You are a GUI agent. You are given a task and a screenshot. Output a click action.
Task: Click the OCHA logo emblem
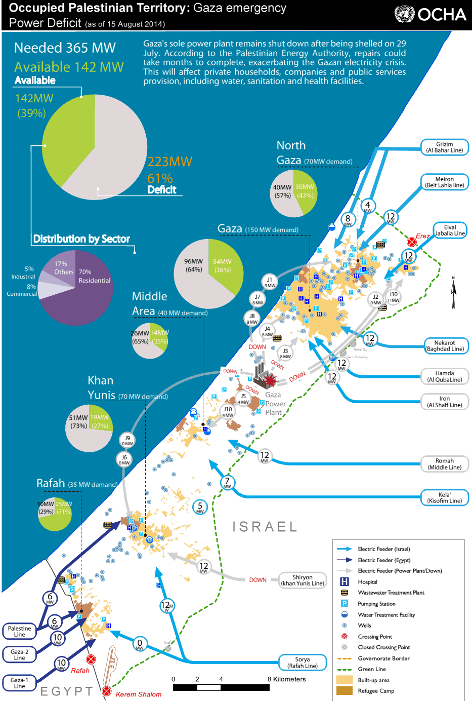[404, 14]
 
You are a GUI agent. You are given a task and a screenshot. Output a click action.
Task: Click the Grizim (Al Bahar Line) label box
[444, 147]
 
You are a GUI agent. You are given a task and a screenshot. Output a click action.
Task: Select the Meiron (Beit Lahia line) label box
[444, 182]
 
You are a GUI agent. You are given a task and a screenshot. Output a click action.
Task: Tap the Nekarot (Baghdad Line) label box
[445, 346]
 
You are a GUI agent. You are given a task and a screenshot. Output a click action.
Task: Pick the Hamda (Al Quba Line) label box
[444, 376]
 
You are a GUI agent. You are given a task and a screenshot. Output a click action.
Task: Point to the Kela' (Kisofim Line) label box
[444, 498]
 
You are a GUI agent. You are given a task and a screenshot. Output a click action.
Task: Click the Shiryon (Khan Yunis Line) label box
[302, 580]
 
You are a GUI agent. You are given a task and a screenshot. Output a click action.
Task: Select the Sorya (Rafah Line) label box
[302, 663]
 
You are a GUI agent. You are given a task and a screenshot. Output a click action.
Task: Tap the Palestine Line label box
[19, 632]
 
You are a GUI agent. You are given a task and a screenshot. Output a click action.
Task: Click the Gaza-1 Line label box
[19, 683]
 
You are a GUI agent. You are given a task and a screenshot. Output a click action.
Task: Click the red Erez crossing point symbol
[412, 242]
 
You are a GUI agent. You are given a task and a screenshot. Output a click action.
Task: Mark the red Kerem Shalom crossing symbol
[107, 691]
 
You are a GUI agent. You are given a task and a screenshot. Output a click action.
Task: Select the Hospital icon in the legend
[345, 582]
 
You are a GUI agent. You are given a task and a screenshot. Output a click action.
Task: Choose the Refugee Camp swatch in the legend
[345, 691]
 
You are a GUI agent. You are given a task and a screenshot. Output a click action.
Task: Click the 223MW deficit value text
[170, 162]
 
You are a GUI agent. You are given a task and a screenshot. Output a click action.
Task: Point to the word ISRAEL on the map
[265, 527]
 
